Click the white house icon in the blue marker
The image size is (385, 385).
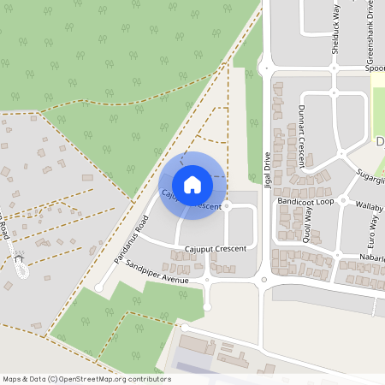click(192, 184)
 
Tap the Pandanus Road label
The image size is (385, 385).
click(131, 240)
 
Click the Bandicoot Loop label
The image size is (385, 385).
click(305, 201)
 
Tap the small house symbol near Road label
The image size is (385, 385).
click(19, 256)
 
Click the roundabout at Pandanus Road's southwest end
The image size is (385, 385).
click(98, 288)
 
